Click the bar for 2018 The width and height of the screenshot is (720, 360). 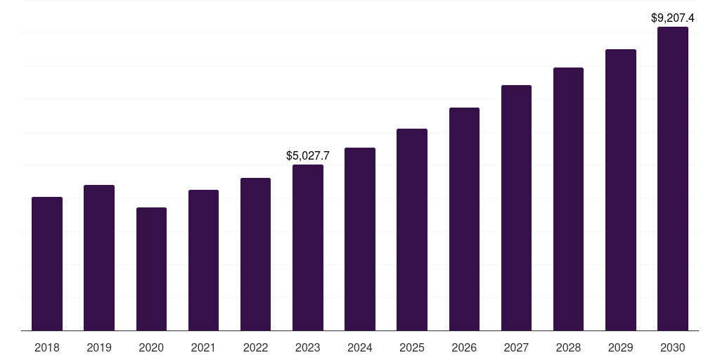click(x=47, y=264)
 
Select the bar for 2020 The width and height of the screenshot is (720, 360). click(x=151, y=269)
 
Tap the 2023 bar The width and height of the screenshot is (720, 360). click(x=308, y=247)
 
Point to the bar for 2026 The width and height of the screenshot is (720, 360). click(x=464, y=219)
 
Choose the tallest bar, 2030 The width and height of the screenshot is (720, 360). click(x=673, y=179)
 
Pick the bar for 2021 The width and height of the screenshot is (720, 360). click(x=203, y=260)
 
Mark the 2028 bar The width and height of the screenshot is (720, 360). click(x=568, y=199)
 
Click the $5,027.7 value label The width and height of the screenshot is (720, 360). click(x=308, y=156)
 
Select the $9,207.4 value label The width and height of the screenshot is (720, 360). click(x=673, y=18)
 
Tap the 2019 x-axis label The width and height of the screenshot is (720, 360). click(x=99, y=347)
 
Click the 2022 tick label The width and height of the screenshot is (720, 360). click(x=255, y=347)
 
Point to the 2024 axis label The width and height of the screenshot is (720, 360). click(x=360, y=347)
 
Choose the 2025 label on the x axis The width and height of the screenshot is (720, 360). click(x=412, y=347)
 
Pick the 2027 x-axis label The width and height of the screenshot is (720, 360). click(x=516, y=347)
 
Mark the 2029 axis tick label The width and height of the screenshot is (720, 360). click(x=621, y=347)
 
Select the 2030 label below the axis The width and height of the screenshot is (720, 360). click(x=673, y=347)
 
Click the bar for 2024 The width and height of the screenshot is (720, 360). click(x=360, y=239)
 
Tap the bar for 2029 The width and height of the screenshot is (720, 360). click(x=621, y=190)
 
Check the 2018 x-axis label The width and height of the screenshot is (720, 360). click(x=47, y=347)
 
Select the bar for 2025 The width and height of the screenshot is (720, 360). click(x=412, y=229)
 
